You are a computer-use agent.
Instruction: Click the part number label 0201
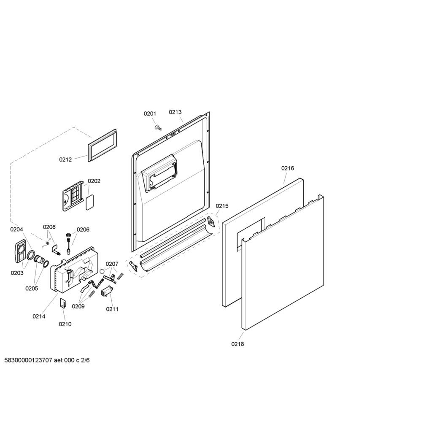coord(150,114)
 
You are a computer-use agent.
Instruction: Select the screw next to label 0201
coord(158,127)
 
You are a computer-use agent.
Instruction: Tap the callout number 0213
coord(175,112)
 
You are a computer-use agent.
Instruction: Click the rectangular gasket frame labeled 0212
coord(102,145)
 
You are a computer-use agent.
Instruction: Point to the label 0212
coord(65,159)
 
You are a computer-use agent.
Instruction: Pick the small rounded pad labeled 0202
coord(90,202)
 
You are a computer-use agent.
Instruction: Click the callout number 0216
coord(288,168)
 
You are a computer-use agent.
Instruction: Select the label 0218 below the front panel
coord(238,344)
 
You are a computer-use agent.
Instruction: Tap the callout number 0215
coord(222,206)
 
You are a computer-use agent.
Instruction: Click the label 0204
coord(16,229)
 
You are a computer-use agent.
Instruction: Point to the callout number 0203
coord(17,273)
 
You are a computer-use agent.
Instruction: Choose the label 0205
coord(32,289)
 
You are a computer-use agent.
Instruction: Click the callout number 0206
coord(83,229)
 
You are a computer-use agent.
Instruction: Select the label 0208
coord(49,227)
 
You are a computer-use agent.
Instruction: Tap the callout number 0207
coord(112,264)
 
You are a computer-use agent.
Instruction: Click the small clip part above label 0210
coord(63,303)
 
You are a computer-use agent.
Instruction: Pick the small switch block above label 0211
coord(106,291)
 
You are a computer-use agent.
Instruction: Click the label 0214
coord(39,316)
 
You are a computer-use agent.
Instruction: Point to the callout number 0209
coord(78,306)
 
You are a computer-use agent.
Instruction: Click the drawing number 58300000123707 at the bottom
coord(28,360)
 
